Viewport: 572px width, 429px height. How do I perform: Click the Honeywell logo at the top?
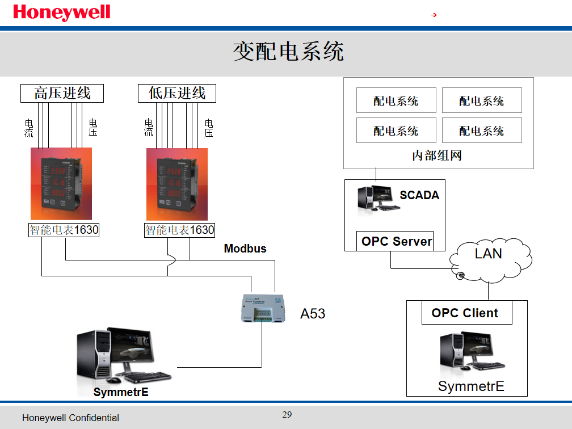tap(61, 12)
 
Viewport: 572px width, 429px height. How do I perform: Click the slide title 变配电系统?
tap(288, 52)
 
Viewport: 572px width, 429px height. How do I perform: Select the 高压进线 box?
tap(62, 93)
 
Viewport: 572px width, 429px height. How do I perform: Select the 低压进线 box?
tap(177, 93)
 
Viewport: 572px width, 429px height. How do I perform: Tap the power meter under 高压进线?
tap(61, 184)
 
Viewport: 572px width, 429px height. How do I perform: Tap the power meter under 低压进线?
tap(177, 184)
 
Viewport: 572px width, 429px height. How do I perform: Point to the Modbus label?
tap(245, 249)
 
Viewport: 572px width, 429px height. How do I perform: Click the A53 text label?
tap(313, 313)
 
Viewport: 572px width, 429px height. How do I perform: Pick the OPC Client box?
tap(466, 313)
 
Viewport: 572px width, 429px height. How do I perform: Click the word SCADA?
tap(419, 195)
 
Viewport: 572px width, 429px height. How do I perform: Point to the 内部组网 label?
tap(437, 155)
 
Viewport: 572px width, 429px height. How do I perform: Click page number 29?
tap(287, 415)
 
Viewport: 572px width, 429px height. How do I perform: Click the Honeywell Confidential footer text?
tap(70, 418)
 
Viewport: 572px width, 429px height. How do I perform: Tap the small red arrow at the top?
tap(434, 15)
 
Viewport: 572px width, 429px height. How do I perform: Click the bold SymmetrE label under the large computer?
tap(121, 392)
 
